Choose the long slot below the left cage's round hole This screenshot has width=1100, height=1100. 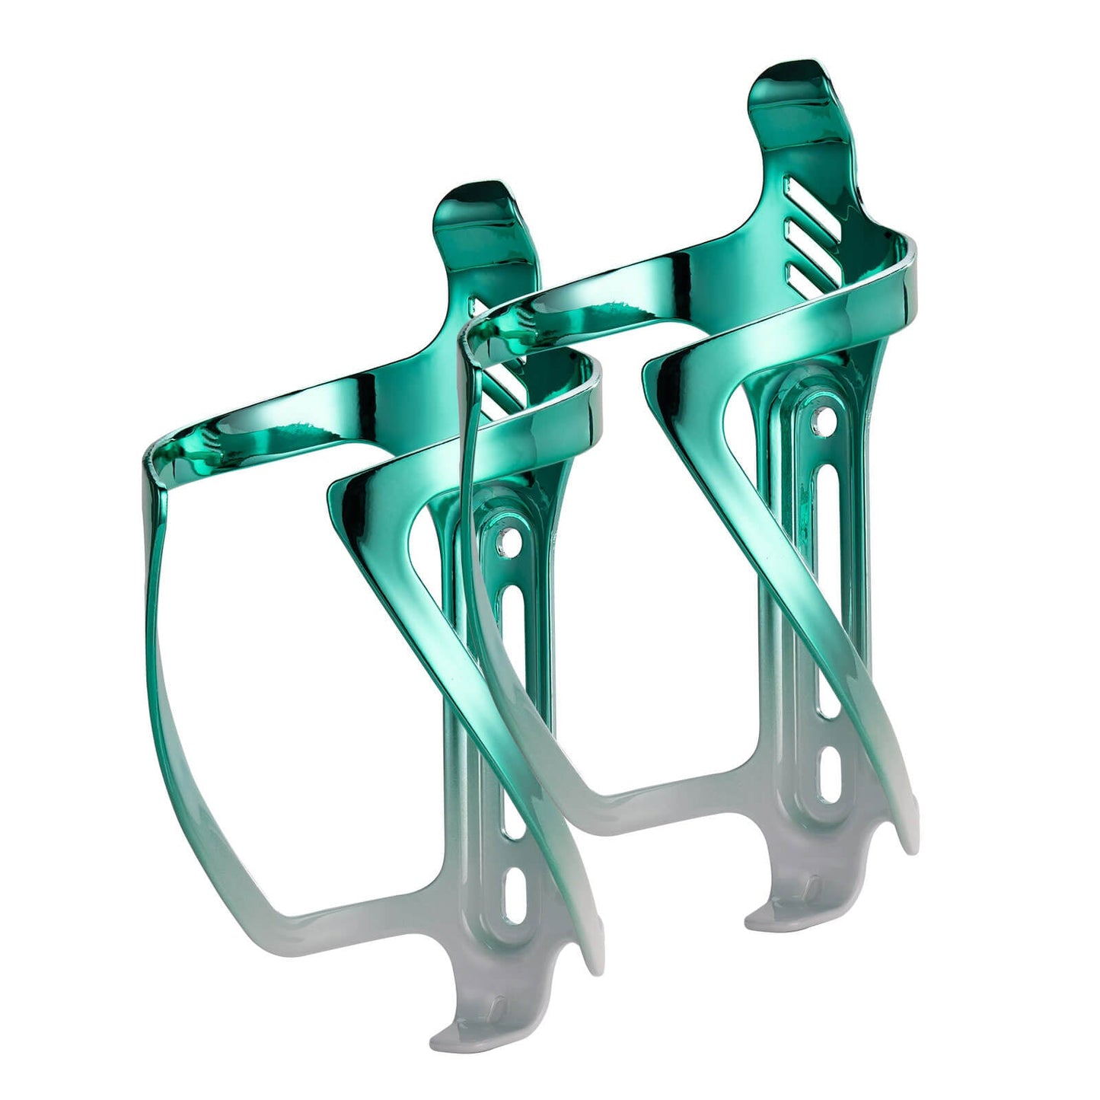pos(507,647)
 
